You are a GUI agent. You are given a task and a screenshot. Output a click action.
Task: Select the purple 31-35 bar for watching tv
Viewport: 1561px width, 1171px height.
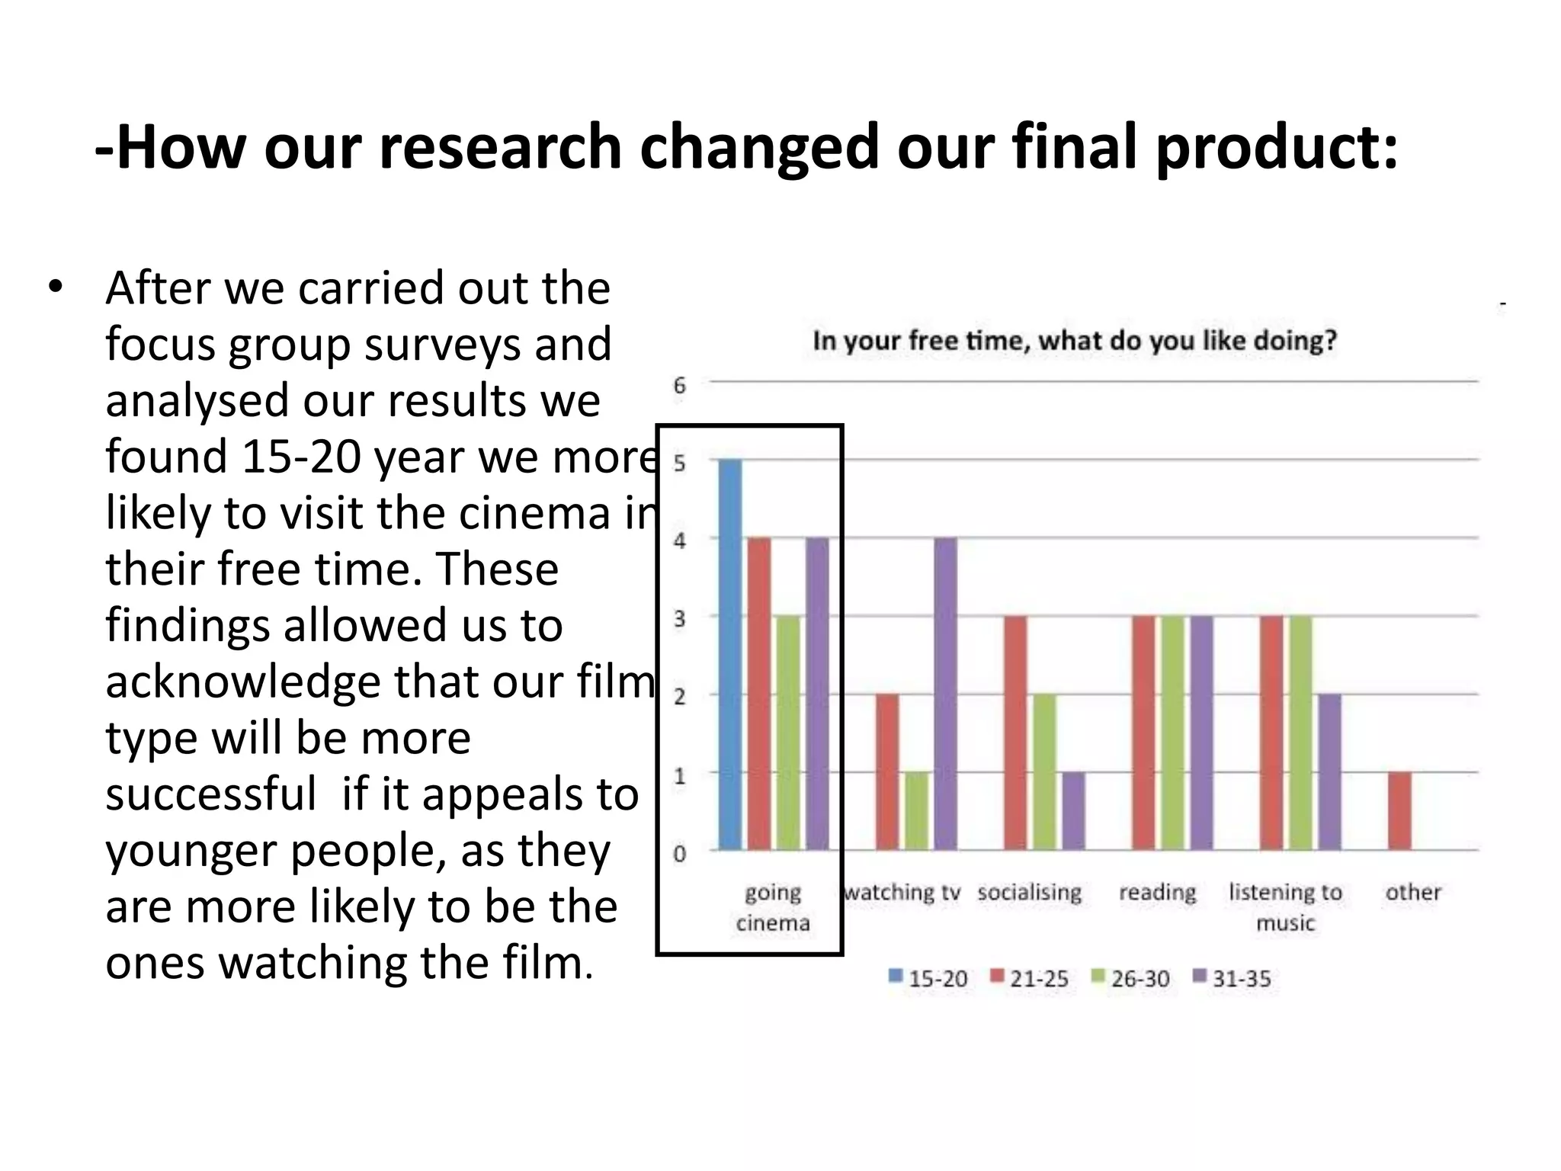click(945, 693)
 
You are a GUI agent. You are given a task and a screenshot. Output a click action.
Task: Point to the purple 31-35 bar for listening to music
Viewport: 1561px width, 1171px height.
click(1329, 772)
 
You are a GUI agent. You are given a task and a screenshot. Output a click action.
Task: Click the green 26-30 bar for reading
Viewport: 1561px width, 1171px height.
click(1173, 732)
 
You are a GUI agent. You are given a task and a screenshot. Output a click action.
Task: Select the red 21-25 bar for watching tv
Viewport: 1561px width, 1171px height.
click(887, 772)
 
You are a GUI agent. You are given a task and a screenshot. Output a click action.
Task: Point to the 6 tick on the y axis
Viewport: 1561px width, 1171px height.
click(679, 386)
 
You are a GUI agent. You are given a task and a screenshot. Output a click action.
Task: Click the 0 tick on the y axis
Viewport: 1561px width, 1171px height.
click(679, 854)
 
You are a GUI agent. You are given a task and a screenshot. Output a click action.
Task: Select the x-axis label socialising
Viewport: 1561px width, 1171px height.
click(1029, 892)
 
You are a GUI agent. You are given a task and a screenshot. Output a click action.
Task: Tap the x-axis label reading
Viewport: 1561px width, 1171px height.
click(1157, 892)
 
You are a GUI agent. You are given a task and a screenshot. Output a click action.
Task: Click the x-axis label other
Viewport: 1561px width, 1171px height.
click(1412, 892)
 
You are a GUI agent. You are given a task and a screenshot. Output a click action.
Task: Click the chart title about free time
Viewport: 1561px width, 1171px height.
click(1075, 340)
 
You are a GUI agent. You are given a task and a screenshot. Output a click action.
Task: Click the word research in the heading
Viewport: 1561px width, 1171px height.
click(500, 146)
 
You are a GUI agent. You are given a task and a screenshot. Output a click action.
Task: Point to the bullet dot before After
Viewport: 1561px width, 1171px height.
click(54, 287)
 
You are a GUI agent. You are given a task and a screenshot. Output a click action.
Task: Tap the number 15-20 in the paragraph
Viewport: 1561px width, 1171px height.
click(301, 457)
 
